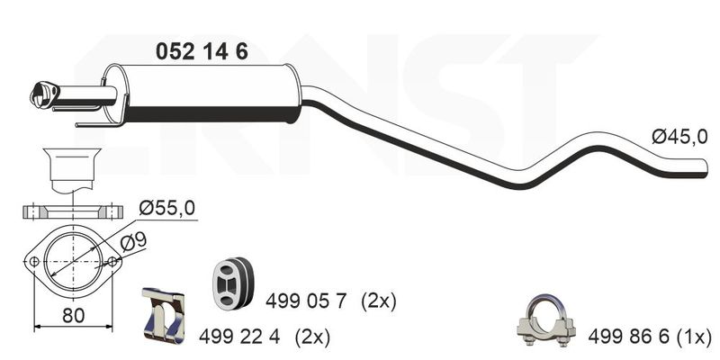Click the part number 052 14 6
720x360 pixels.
point(202,51)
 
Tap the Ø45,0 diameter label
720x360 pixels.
point(679,137)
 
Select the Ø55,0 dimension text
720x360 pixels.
point(167,209)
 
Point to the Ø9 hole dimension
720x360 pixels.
point(133,241)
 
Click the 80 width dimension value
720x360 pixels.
point(74,316)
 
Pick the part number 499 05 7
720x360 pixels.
point(305,301)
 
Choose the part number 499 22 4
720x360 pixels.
point(239,337)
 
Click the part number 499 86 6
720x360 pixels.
point(628,337)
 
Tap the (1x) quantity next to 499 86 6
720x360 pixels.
point(693,338)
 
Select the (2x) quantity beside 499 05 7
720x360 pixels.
point(378,302)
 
